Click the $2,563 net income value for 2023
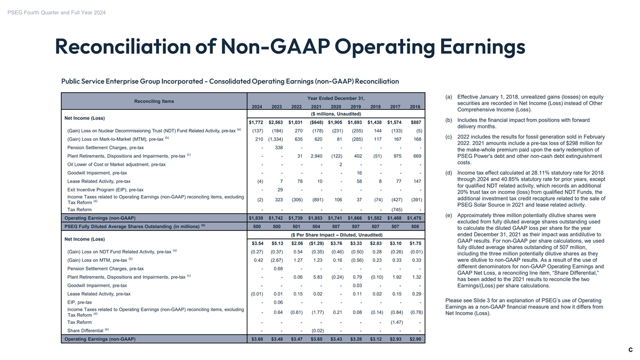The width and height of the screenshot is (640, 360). click(276, 123)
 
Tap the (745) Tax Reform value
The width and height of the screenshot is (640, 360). click(396, 210)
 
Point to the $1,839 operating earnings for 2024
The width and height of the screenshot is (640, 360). click(256, 218)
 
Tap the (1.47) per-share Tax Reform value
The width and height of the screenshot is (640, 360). click(396, 322)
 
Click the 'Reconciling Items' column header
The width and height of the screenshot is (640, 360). click(154, 101)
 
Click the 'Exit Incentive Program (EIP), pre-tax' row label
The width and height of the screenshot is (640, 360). click(105, 189)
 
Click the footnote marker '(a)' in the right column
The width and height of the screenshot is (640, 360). click(449, 97)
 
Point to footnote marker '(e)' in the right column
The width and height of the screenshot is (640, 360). click(449, 215)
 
